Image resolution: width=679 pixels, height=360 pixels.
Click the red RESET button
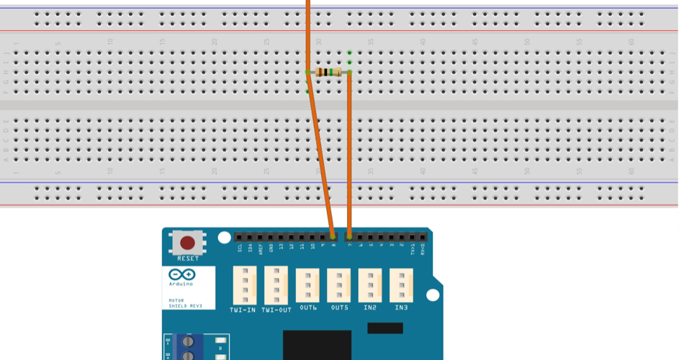click(188, 243)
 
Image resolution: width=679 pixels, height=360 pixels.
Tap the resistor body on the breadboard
click(330, 72)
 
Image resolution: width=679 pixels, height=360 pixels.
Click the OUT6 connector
click(307, 285)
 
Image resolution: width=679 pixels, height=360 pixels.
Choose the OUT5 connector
click(339, 285)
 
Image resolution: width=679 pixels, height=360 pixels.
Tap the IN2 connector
click(370, 285)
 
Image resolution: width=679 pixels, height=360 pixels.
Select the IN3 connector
click(401, 285)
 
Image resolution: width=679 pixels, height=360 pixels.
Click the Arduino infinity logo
click(180, 274)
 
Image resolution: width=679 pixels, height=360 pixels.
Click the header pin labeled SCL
click(240, 237)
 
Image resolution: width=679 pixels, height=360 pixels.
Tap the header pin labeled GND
click(271, 237)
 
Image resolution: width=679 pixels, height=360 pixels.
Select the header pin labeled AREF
click(261, 237)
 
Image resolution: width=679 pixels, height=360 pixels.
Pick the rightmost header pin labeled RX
click(423, 237)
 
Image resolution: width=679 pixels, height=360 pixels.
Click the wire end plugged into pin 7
click(349, 236)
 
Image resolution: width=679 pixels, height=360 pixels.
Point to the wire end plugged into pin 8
click(333, 236)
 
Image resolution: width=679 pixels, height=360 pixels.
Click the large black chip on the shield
click(317, 346)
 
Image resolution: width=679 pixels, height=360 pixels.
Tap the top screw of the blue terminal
click(189, 341)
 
